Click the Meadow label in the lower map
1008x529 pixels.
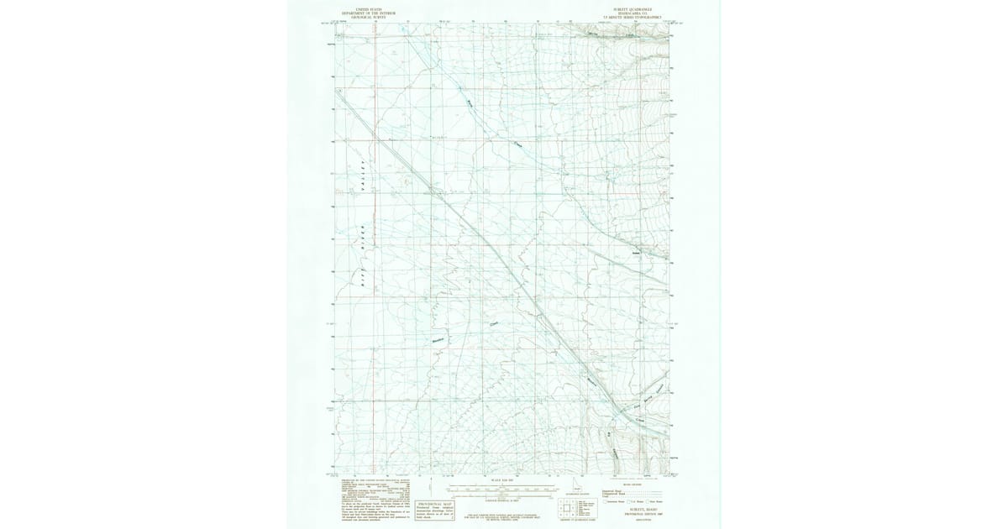(437, 340)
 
